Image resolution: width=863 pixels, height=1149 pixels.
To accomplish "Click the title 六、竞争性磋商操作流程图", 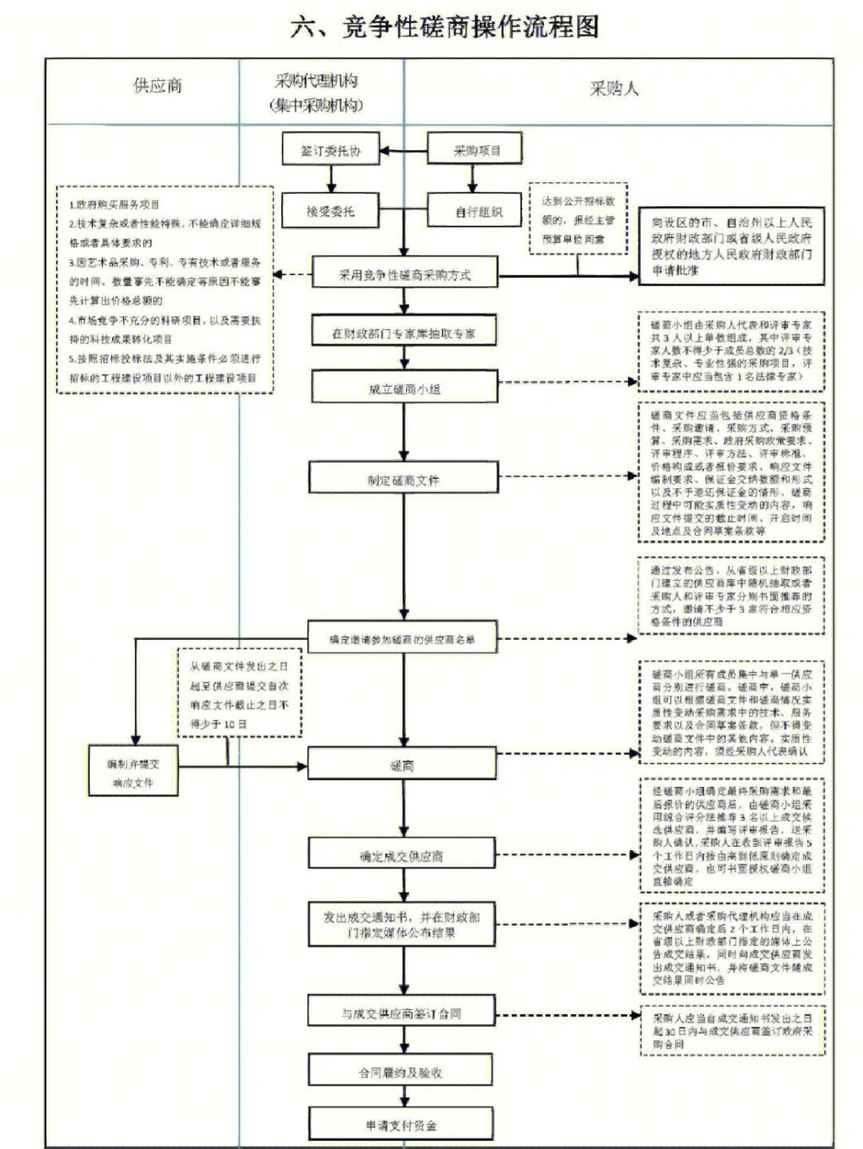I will pyautogui.click(x=444, y=27).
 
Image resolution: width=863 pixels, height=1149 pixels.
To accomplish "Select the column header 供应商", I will pyautogui.click(x=157, y=86).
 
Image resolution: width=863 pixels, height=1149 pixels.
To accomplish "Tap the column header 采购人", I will pyautogui.click(x=614, y=89).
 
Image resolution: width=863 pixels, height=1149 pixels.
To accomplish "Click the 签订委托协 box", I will pyautogui.click(x=330, y=150).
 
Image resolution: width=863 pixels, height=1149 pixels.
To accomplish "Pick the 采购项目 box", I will pyautogui.click(x=476, y=150).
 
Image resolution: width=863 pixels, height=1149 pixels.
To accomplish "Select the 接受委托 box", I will pyautogui.click(x=330, y=212).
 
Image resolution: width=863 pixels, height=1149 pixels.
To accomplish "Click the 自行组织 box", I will pyautogui.click(x=478, y=212).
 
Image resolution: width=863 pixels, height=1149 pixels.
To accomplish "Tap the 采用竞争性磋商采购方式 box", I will pyautogui.click(x=404, y=275).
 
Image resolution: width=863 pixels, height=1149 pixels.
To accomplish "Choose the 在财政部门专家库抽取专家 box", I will pyautogui.click(x=404, y=333).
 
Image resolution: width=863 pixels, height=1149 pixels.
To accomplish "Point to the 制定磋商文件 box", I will pyautogui.click(x=404, y=480).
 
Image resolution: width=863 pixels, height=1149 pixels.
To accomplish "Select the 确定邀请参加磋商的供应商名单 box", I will pyautogui.click(x=402, y=639).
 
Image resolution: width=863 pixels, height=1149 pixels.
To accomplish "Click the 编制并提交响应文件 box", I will pyautogui.click(x=133, y=773).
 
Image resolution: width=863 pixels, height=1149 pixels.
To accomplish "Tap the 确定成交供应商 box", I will pyautogui.click(x=402, y=857).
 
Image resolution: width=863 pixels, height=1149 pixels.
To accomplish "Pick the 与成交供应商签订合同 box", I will pyautogui.click(x=401, y=1013).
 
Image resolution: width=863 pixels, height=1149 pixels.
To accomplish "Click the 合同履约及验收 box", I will pyautogui.click(x=400, y=1072).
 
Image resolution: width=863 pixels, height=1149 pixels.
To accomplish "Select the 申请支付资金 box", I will pyautogui.click(x=401, y=1125).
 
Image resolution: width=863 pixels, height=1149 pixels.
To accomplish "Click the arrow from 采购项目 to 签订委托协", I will pyautogui.click(x=404, y=150).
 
